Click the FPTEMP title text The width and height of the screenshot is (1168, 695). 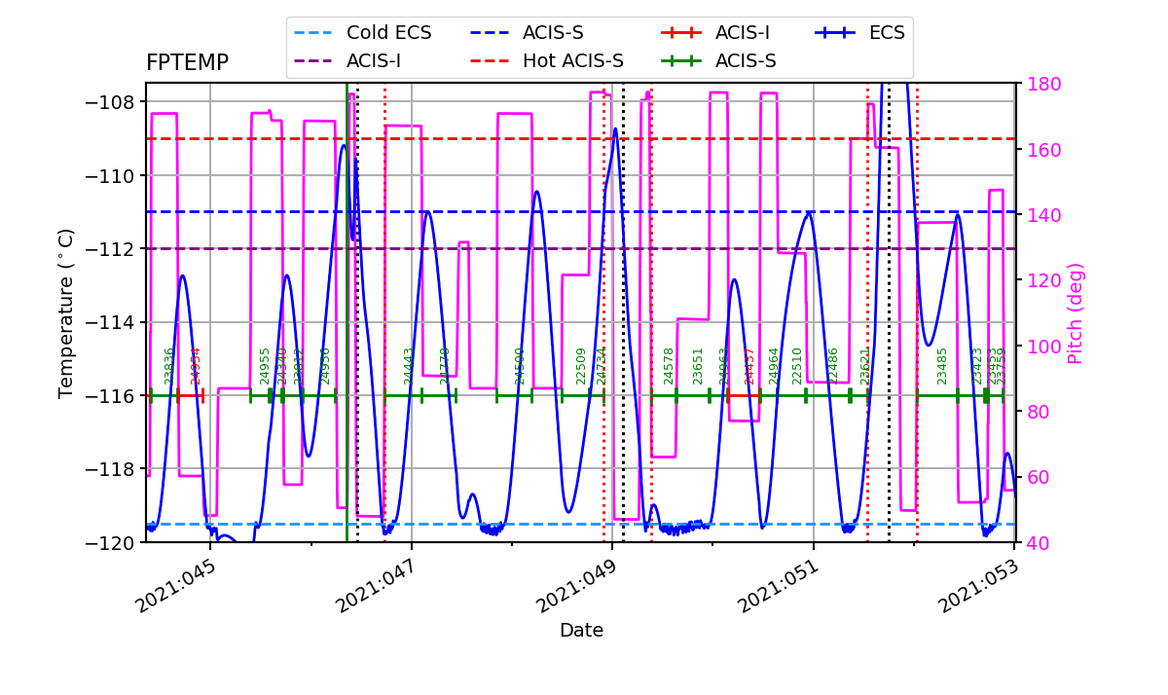click(187, 63)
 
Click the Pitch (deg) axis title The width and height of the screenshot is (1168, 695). click(1075, 313)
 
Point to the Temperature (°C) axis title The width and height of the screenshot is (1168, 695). click(66, 313)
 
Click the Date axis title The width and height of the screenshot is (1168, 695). click(581, 631)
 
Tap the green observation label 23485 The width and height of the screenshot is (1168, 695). click(942, 366)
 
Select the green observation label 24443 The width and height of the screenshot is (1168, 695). click(410, 366)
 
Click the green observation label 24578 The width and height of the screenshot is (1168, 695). click(669, 366)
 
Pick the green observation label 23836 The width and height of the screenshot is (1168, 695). click(169, 366)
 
